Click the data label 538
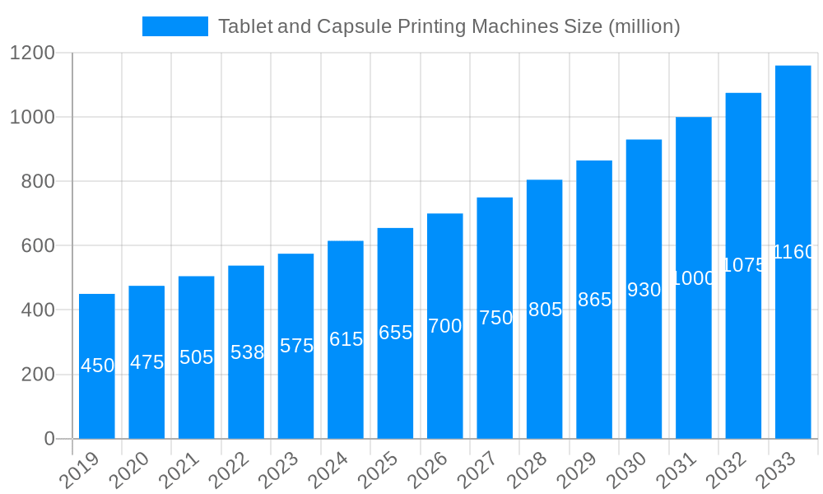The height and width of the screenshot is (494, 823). point(247,352)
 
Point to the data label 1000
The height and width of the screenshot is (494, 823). point(694,278)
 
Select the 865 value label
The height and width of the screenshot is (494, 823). point(594,300)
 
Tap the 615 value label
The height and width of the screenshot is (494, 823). point(346,339)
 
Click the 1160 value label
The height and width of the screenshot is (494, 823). point(793,252)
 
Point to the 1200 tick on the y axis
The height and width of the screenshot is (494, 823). point(32,54)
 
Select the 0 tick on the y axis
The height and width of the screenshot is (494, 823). point(49,439)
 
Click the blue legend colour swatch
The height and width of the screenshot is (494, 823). point(174,26)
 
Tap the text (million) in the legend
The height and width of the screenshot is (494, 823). point(644,26)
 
